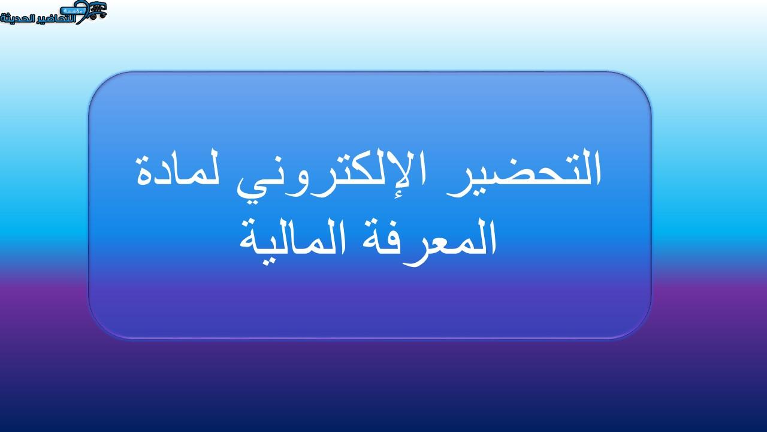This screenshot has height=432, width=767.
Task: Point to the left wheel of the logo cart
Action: tap(92, 16)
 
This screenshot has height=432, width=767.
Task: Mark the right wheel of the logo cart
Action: tap(102, 16)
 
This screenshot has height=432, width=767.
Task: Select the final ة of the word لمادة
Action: tap(144, 173)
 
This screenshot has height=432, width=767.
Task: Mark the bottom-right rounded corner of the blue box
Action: tap(641, 328)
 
